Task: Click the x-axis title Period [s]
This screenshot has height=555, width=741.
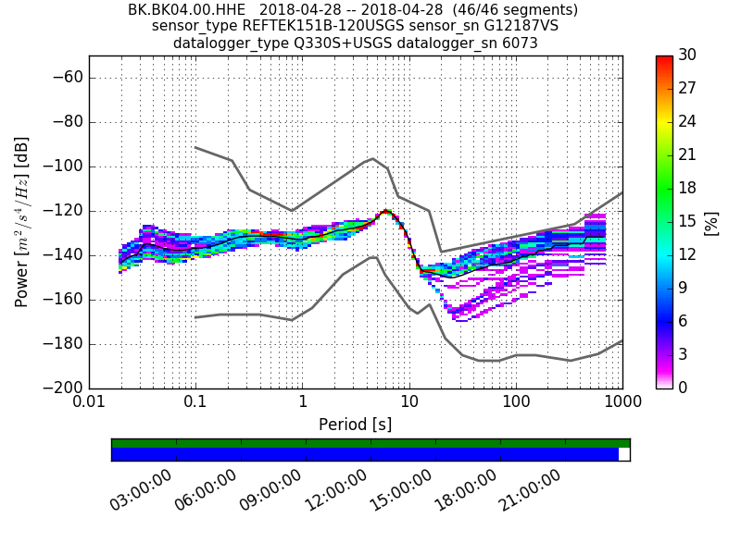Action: pyautogui.click(x=356, y=425)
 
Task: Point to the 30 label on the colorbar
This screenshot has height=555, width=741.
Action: pyautogui.click(x=687, y=55)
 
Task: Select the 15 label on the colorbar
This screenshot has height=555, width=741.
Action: pyautogui.click(x=687, y=221)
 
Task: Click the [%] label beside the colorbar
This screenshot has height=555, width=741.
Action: pyautogui.click(x=711, y=222)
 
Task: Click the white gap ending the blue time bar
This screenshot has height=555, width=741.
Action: pyautogui.click(x=624, y=454)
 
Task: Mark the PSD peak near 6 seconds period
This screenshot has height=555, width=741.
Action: pyautogui.click(x=384, y=212)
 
